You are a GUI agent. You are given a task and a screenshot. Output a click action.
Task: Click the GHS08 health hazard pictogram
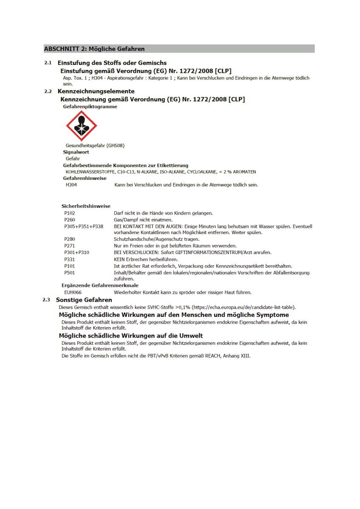[x=81, y=126]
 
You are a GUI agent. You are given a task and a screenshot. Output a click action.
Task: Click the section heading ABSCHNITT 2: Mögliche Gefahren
[x=94, y=49]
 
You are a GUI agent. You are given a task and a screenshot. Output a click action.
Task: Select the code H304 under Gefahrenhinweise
[x=71, y=185]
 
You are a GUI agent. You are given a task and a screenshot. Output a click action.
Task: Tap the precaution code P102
[x=70, y=213]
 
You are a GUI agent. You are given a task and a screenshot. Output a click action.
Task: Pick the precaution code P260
[x=70, y=220]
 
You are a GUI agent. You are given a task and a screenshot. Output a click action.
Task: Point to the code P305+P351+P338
[x=84, y=227]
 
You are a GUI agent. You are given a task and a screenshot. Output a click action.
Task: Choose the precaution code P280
[x=70, y=239]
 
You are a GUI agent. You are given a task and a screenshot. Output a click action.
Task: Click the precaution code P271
[x=70, y=246]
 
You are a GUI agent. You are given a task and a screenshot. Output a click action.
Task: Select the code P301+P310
[x=77, y=252]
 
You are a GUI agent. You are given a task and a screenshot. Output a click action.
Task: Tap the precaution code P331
[x=70, y=259]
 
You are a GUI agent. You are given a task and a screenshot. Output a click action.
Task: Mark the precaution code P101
[x=70, y=266]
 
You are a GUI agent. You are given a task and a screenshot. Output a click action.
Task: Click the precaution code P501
[x=70, y=273]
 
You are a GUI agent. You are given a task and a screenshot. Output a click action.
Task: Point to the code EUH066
[x=73, y=292]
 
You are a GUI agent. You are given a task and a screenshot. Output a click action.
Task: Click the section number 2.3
[x=47, y=300]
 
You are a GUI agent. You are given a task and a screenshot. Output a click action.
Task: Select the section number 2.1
[x=48, y=63]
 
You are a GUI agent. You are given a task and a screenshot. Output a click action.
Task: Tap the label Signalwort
[x=76, y=152]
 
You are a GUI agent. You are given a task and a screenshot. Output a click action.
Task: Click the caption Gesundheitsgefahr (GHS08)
[x=95, y=145]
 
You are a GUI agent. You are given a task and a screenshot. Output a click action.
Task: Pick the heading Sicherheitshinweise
[x=86, y=206]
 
